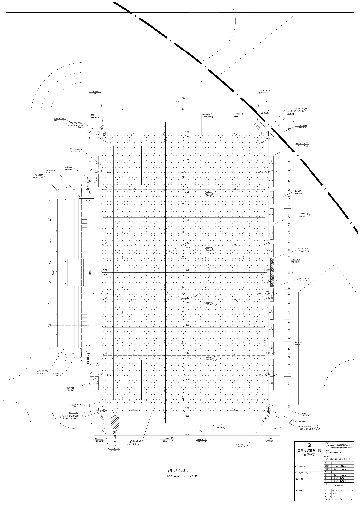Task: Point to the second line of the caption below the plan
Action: pyautogui.click(x=181, y=476)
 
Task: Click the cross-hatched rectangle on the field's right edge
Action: pyautogui.click(x=272, y=272)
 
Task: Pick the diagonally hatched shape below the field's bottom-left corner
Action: pyautogui.click(x=115, y=422)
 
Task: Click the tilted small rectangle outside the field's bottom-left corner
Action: pyautogui.click(x=103, y=418)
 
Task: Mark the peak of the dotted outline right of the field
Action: pyautogui.click(x=337, y=265)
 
